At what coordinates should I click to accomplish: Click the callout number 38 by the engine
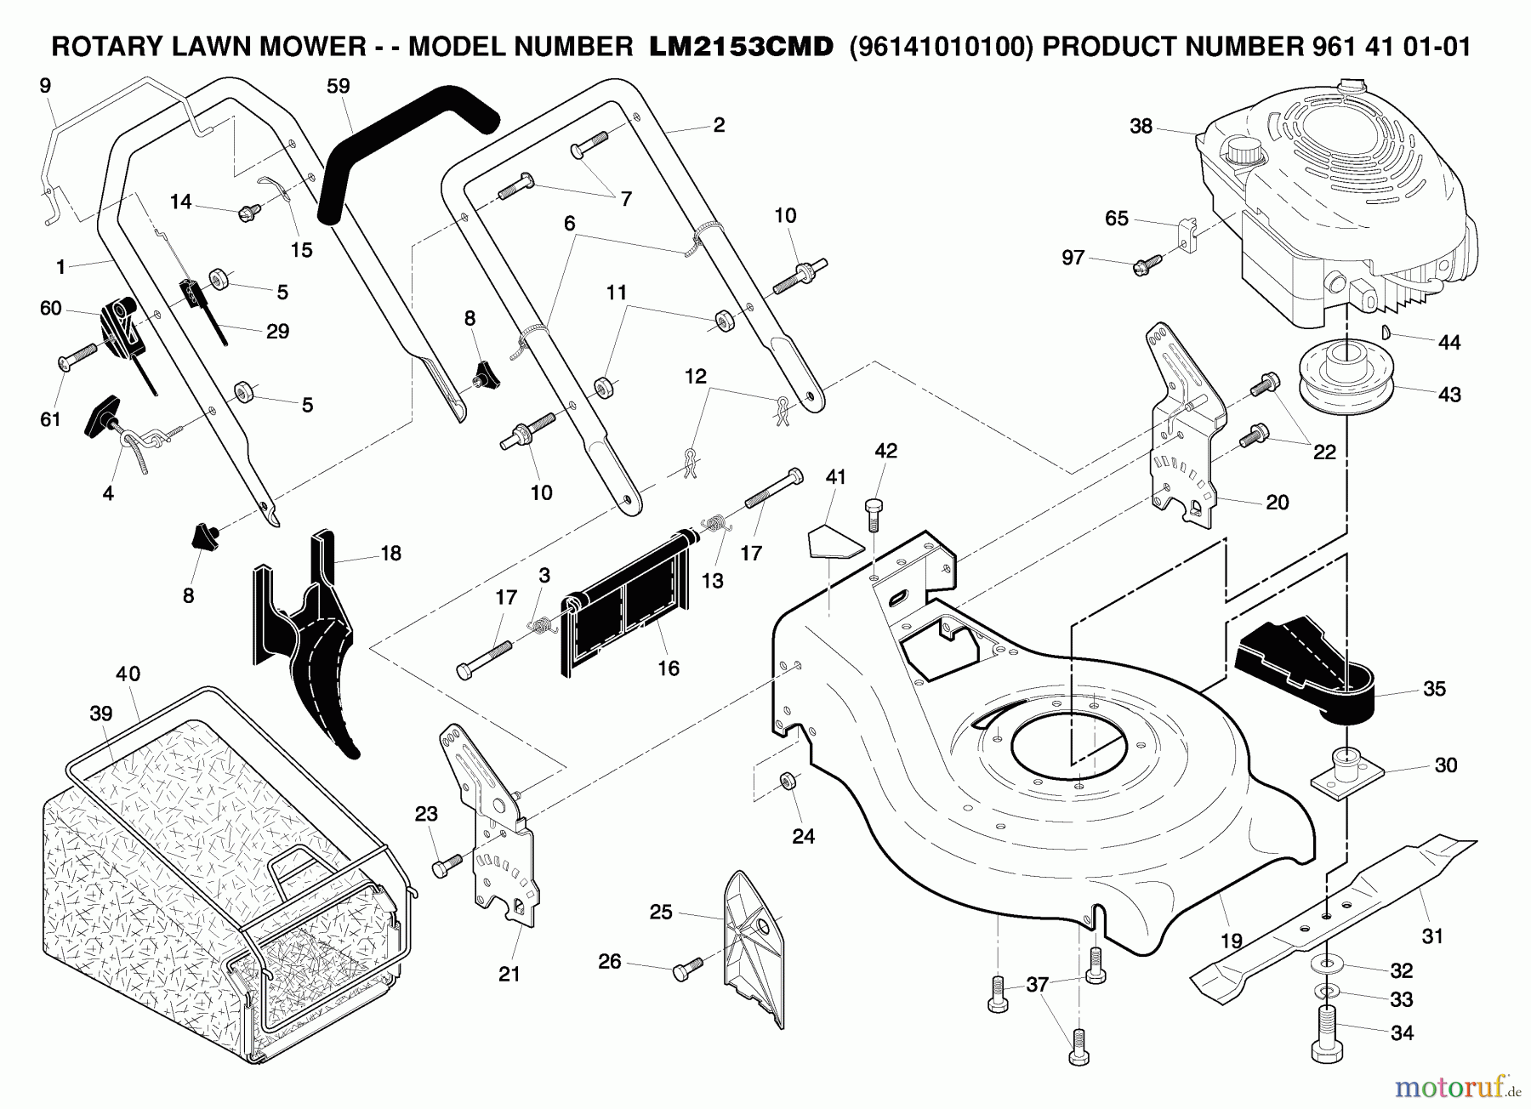[x=1141, y=127]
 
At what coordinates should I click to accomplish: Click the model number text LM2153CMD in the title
[x=740, y=47]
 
